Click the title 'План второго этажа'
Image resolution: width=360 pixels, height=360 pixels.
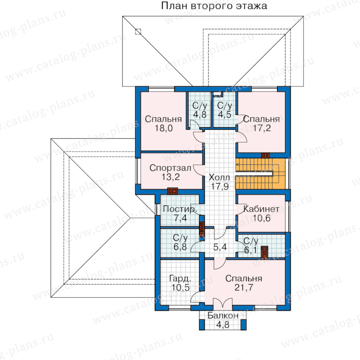214,6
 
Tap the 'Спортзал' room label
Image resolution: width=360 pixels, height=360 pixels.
170,168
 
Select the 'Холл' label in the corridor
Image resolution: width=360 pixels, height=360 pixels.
219,177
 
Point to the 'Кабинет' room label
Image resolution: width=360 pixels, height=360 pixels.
261,209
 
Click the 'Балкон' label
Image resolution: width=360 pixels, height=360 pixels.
223,316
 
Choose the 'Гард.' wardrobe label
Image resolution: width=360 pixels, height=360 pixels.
180,278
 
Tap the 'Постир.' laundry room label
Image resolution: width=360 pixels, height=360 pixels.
180,209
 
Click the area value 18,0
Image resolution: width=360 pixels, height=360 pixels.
164,128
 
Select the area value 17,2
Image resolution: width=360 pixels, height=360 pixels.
262,128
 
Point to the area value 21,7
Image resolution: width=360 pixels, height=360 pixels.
244,287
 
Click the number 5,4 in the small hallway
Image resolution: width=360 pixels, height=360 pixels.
220,247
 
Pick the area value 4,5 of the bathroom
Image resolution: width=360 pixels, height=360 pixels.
224,114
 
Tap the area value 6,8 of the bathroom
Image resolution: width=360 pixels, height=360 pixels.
180,247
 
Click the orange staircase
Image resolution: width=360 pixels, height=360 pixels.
260,174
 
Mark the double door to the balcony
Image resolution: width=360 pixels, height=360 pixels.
223,303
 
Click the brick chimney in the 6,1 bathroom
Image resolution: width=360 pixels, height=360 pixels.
264,252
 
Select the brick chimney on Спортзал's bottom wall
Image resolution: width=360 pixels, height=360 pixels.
172,191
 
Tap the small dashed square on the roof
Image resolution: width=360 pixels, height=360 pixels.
138,32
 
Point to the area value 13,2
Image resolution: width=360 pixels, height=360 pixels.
170,177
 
